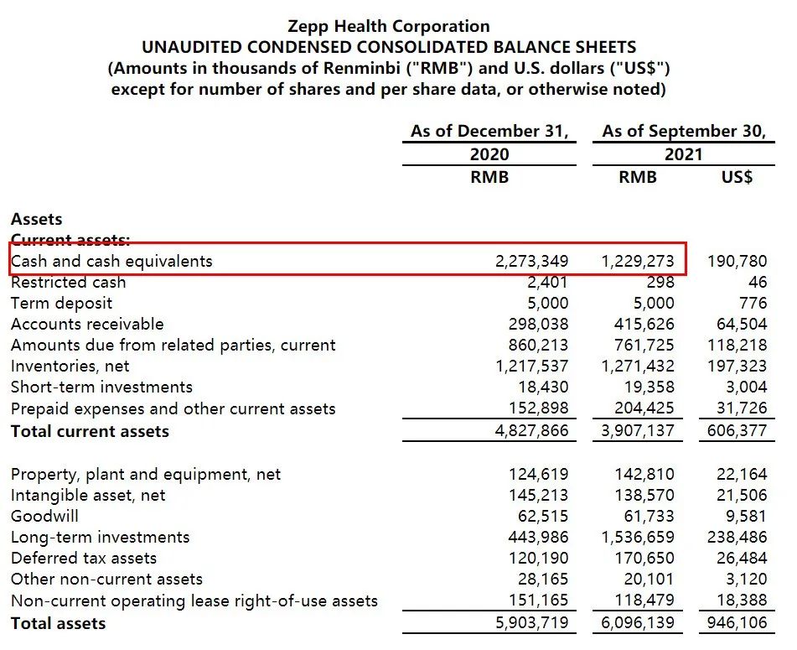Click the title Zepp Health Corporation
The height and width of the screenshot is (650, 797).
388,26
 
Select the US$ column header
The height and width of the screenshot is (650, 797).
737,177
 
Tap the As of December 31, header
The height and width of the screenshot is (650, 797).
489,132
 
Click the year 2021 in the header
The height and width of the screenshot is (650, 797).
682,154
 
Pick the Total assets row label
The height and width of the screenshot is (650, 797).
58,623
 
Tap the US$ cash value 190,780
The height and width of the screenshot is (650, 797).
737,261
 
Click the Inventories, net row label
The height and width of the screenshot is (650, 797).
70,366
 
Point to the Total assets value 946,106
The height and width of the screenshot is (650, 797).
737,623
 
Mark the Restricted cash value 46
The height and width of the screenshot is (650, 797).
758,282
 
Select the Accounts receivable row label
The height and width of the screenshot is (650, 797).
87,324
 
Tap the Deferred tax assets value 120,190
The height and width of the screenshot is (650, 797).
538,558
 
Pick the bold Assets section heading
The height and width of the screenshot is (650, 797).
36,219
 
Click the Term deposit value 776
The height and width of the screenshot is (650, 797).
753,303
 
